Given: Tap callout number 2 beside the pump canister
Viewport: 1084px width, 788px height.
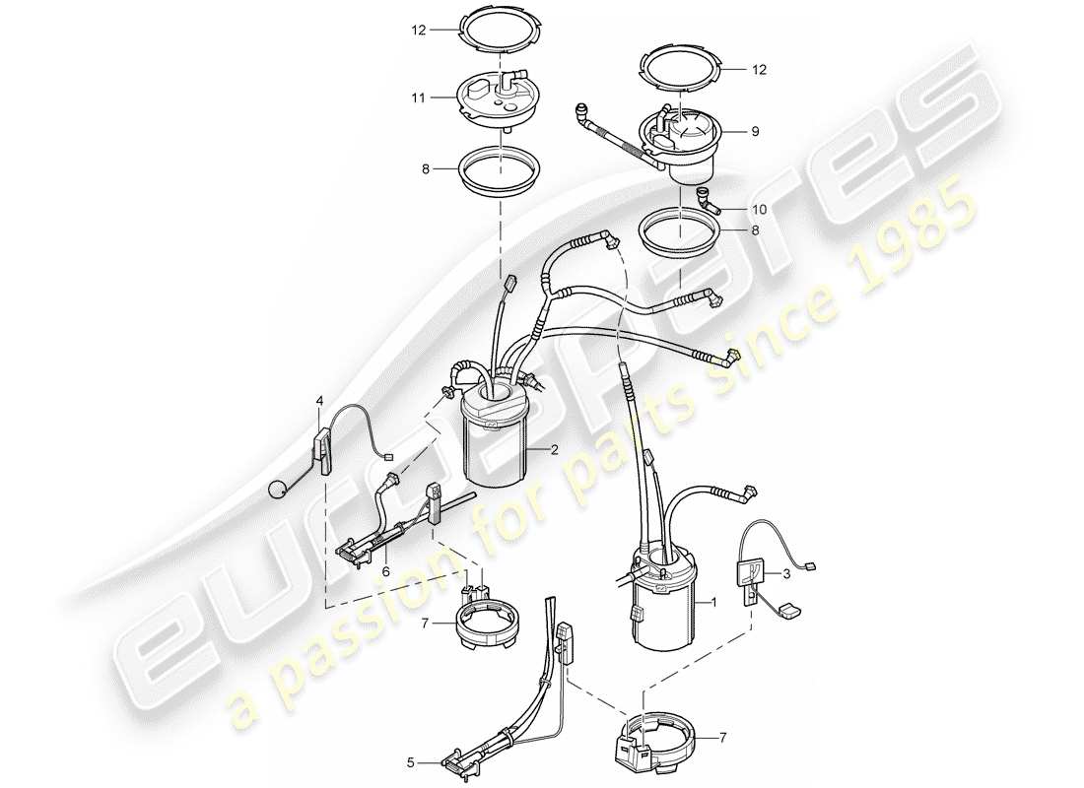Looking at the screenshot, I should pyautogui.click(x=555, y=450).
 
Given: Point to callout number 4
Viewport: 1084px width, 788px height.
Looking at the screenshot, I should pyautogui.click(x=319, y=401).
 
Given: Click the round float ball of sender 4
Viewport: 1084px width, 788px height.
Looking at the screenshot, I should pyautogui.click(x=279, y=488).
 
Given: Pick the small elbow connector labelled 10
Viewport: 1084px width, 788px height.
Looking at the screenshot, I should pyautogui.click(x=706, y=201).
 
